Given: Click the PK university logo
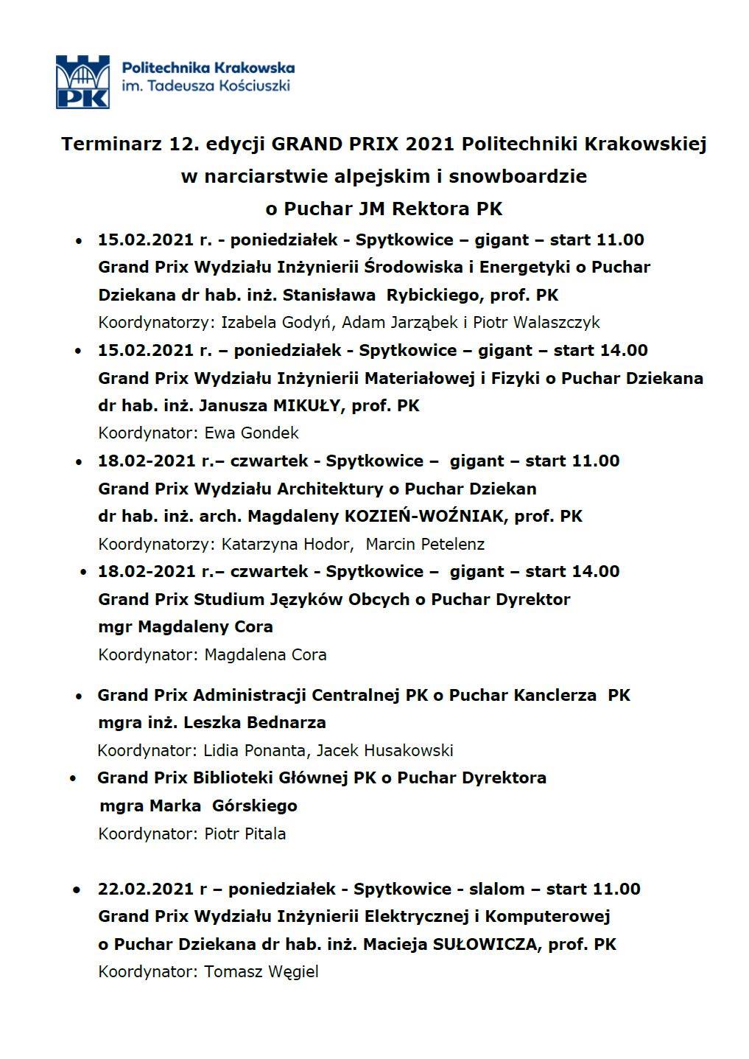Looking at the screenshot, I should coord(82,81).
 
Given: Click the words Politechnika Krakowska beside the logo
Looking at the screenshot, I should coord(207,68).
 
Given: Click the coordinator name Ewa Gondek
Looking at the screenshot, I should coord(252,433).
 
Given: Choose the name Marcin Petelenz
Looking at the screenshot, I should coord(425,544).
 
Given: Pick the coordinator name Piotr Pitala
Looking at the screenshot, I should coord(245,833).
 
